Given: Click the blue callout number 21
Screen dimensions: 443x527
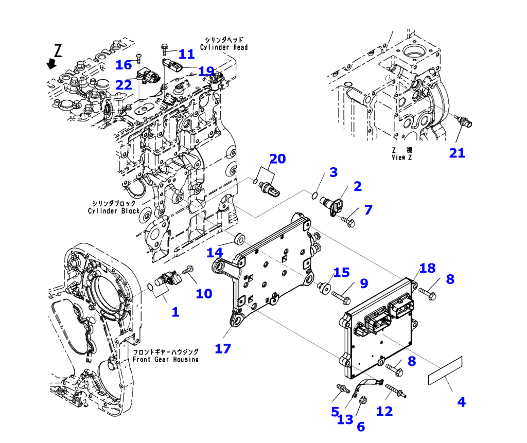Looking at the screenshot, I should click(457, 153).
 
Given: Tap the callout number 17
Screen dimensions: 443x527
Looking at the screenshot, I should click(223, 348).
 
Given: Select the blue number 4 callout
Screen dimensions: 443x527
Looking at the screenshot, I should click(461, 402).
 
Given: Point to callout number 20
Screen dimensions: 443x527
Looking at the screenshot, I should click(277, 159).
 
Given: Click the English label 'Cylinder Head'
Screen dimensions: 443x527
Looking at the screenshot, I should click(224, 47).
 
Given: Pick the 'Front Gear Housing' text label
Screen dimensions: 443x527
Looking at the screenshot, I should click(165, 359).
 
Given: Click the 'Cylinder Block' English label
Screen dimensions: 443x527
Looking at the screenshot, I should click(114, 210).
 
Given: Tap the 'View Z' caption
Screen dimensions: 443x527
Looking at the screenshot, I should click(401, 157).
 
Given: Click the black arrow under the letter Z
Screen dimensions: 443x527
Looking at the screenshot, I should click(51, 64).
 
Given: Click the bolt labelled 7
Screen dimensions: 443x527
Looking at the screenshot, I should click(349, 221).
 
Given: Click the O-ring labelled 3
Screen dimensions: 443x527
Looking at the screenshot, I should click(314, 194).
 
